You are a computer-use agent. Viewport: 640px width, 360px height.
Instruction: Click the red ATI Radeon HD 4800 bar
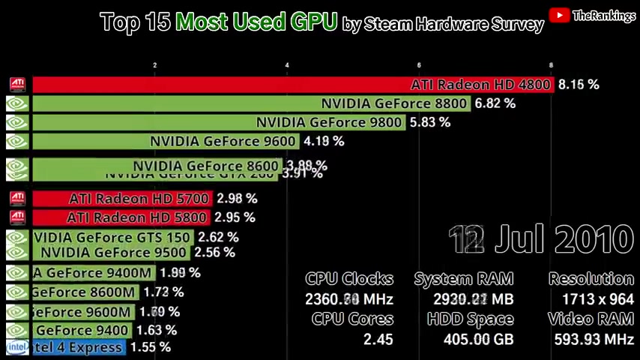point(292,85)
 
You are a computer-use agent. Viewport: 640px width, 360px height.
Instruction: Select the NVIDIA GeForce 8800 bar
point(251,103)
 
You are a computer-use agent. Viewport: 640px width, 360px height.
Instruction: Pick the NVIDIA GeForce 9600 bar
point(166,141)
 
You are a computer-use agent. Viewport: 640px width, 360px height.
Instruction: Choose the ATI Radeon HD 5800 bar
point(120,217)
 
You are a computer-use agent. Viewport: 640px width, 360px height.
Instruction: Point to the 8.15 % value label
point(579,85)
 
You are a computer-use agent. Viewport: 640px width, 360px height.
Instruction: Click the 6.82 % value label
point(495,103)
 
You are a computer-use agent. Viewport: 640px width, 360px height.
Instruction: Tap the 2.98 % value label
point(237,199)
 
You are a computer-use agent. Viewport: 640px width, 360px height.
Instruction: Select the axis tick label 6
point(419,65)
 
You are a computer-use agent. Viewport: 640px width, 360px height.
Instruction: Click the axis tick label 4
point(287,65)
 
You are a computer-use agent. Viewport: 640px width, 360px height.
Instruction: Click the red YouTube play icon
point(559,15)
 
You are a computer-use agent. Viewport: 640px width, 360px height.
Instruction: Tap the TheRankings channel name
point(603,16)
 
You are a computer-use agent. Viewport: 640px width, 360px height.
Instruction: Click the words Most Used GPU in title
point(256,22)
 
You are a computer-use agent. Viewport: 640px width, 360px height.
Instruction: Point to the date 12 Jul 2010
point(541,240)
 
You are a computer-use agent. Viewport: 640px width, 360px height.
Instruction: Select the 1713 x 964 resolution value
point(591,299)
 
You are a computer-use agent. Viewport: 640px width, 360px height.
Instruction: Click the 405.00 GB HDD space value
point(470,339)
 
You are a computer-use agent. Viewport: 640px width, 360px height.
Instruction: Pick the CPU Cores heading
point(352,319)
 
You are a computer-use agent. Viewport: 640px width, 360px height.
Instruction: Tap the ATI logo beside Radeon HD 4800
point(17,85)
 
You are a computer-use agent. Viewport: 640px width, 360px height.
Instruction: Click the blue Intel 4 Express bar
point(78,347)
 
